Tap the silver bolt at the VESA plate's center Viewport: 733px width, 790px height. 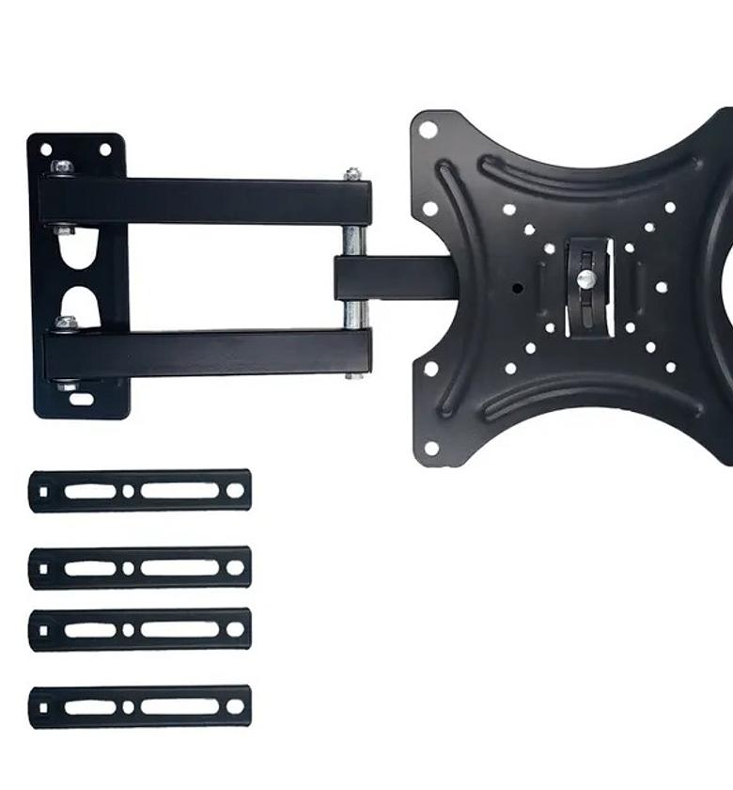(x=585, y=279)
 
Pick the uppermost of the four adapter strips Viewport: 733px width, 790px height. (x=140, y=491)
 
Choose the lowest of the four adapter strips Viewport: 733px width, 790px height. (x=140, y=706)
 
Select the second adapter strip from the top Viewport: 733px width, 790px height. (x=140, y=568)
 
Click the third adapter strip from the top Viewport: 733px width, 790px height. (x=140, y=629)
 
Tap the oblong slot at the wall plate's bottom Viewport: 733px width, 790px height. (x=82, y=399)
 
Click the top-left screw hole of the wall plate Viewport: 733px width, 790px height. (x=44, y=150)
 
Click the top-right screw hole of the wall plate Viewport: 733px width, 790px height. (x=104, y=150)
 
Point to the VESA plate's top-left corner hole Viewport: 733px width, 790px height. (x=428, y=130)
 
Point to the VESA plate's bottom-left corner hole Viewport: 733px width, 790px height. (x=430, y=448)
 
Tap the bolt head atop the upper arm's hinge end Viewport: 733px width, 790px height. (x=352, y=174)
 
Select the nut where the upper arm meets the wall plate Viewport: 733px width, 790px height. (x=63, y=167)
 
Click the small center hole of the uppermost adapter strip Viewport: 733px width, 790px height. (x=129, y=491)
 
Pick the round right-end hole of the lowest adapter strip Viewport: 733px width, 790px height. (x=234, y=706)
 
